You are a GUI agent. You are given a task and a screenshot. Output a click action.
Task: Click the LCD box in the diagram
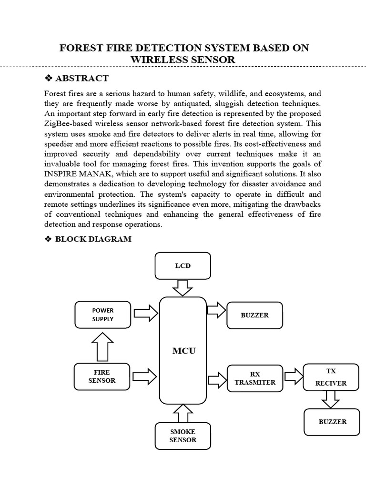pos(183,265)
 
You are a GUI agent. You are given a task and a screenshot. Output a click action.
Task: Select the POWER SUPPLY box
pos(103,315)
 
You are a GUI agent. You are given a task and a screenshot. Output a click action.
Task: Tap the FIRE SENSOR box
pos(102,376)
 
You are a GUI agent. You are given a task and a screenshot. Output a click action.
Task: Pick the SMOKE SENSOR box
pos(183,436)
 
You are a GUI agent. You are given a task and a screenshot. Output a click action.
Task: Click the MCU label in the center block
pos(183,351)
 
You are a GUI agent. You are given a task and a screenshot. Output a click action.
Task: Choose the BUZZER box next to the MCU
pos(255,315)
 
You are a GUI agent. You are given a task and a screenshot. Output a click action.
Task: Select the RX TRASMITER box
pos(255,378)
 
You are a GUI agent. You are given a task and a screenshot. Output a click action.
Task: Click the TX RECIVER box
pos(331,376)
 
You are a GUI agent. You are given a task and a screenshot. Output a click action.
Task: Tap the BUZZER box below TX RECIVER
pos(332,422)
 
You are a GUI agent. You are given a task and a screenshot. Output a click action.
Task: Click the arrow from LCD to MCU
pos(183,287)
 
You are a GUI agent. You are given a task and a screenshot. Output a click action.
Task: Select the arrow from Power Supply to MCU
pos(145,314)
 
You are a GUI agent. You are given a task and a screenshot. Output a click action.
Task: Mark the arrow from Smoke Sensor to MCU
pos(183,413)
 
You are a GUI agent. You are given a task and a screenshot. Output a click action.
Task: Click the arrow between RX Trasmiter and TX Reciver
pos(293,375)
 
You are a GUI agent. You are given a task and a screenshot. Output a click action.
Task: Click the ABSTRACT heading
pos(82,78)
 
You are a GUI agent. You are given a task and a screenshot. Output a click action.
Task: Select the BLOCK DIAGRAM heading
pos(93,239)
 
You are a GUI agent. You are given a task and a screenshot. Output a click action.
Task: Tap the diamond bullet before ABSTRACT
pos(48,78)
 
